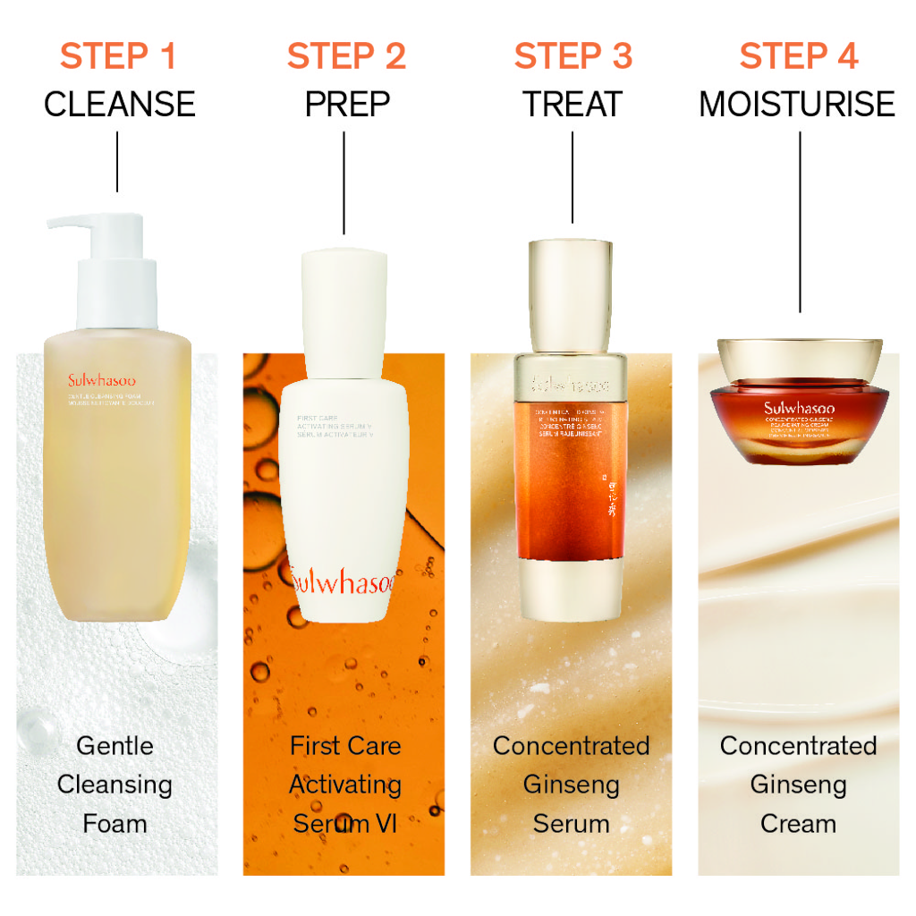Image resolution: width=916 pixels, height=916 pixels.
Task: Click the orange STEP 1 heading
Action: (118, 56)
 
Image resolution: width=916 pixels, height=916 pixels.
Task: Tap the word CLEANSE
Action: (119, 105)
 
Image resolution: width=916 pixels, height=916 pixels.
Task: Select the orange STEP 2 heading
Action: (346, 56)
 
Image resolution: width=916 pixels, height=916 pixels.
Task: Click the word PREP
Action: (347, 105)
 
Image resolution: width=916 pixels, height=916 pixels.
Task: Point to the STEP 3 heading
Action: (572, 56)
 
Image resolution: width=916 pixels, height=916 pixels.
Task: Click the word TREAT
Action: (572, 105)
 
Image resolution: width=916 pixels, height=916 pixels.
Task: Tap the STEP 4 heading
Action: (799, 56)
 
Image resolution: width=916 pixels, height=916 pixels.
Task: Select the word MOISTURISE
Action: (796, 105)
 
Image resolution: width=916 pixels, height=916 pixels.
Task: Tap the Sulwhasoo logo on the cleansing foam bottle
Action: (102, 380)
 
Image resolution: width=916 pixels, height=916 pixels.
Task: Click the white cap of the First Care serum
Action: (344, 295)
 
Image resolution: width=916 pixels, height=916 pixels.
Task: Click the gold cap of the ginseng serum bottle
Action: (571, 295)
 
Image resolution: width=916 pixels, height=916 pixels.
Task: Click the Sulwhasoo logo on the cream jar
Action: (799, 410)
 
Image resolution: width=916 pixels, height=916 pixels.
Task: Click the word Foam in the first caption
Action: (114, 823)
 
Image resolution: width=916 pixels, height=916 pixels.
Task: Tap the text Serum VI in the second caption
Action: (344, 823)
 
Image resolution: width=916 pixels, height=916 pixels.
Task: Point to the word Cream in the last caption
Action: (798, 823)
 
